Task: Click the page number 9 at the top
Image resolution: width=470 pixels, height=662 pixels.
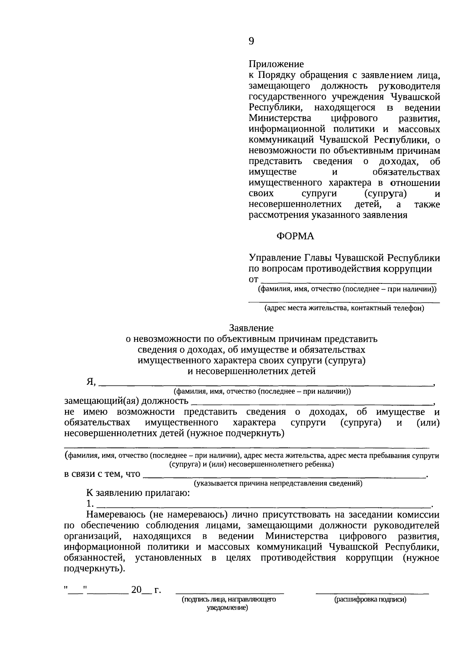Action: pos(251,41)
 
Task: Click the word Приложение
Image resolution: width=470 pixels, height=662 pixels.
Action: pos(276,64)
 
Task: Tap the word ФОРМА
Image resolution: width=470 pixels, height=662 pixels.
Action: pos(295,236)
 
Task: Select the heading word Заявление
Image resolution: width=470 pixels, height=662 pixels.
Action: pos(251,328)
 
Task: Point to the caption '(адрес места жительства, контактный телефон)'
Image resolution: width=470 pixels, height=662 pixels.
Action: pos(344,308)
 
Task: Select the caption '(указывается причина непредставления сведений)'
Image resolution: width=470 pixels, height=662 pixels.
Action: pos(278,483)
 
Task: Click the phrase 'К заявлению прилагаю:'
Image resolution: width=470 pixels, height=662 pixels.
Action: pos(138,493)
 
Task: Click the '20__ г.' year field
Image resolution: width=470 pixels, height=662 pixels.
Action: pos(146,590)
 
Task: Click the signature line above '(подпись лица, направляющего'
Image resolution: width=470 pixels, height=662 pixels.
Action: pos(230,593)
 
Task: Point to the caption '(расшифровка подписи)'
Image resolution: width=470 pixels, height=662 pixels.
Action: pos(370,599)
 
